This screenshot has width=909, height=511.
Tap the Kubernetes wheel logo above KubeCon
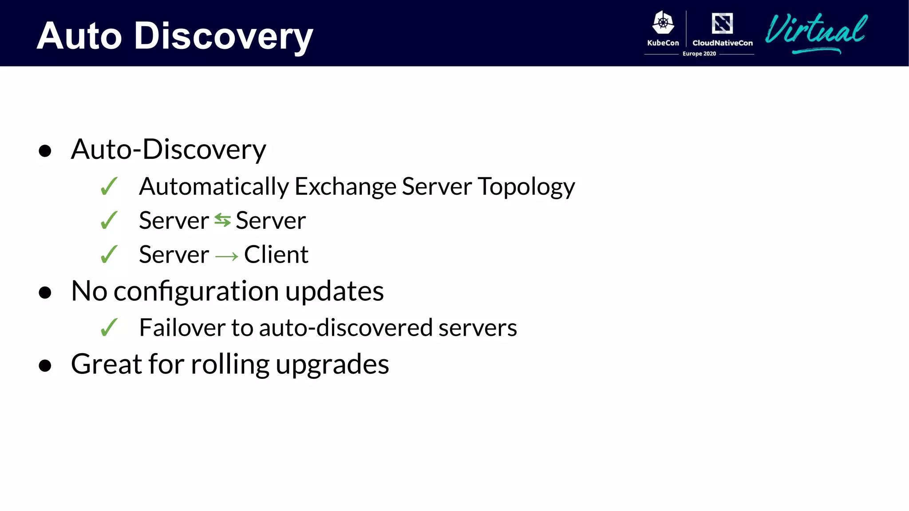point(663,23)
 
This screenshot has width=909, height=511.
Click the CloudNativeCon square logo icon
point(722,23)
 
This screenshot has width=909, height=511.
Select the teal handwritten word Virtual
point(816,31)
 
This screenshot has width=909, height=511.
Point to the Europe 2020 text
point(699,54)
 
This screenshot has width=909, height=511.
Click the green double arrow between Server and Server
point(222,220)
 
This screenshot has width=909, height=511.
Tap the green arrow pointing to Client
point(227,256)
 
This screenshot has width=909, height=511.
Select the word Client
point(276,255)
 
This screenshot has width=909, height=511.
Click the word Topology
point(526,187)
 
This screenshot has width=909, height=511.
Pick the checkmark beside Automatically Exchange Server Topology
point(109,186)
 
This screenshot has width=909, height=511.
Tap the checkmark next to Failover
point(109,328)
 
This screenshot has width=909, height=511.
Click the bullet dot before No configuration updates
point(45,293)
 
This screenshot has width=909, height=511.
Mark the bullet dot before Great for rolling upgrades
point(45,366)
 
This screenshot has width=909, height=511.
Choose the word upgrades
point(332,365)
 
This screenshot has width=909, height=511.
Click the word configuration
point(196,291)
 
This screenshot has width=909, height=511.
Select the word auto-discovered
point(346,328)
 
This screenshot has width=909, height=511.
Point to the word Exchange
point(345,186)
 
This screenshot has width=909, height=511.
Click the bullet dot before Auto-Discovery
point(45,151)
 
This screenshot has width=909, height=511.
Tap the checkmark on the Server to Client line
point(109,255)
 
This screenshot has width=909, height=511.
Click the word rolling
point(230,365)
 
